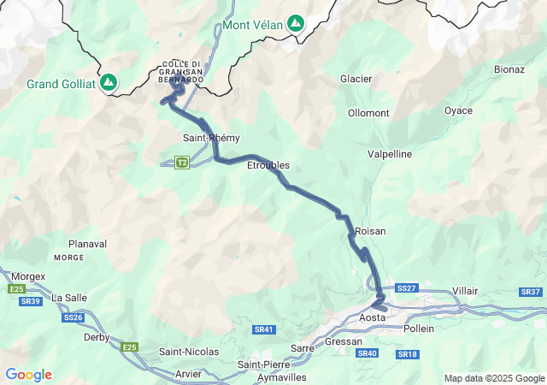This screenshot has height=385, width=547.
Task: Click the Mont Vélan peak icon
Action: click(x=295, y=23)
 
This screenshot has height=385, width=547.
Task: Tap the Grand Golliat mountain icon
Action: click(x=109, y=82)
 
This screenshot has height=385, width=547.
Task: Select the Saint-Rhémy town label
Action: click(x=211, y=138)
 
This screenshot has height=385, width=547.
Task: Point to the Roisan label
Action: click(x=370, y=231)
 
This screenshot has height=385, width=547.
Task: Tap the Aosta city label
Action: click(x=373, y=317)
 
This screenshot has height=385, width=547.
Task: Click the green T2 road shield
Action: click(x=181, y=162)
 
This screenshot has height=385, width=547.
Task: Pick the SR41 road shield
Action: click(x=263, y=329)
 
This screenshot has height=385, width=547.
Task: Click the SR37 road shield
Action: click(x=530, y=292)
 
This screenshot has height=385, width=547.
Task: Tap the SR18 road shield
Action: click(x=407, y=353)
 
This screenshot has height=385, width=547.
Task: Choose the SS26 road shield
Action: click(x=73, y=317)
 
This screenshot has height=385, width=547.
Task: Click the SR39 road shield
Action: click(x=31, y=301)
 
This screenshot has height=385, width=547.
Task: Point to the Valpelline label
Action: click(x=390, y=154)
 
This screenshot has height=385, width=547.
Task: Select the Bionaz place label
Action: click(x=509, y=68)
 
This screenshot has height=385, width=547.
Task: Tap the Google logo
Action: click(x=28, y=375)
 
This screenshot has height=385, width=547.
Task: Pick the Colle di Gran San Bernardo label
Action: click(x=182, y=71)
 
